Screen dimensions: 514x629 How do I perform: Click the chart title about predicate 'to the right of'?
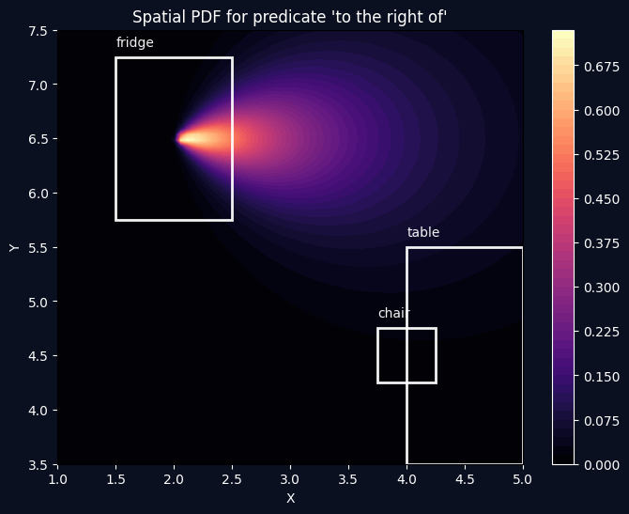(x=289, y=17)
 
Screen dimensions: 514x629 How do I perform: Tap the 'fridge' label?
(x=134, y=42)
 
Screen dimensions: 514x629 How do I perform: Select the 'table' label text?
(x=422, y=232)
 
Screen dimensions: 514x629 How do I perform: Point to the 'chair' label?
(x=394, y=313)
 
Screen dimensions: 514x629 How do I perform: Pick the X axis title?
(x=289, y=498)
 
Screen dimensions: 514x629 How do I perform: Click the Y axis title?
(x=13, y=247)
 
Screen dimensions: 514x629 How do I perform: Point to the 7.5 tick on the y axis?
(x=38, y=31)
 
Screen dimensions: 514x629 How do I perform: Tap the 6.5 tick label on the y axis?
(x=38, y=139)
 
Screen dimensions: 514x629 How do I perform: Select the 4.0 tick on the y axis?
(x=38, y=411)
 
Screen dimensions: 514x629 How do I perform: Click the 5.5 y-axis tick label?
(x=38, y=248)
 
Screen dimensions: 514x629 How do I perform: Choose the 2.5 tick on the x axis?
(x=232, y=479)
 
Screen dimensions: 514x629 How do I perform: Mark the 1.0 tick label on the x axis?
(x=57, y=479)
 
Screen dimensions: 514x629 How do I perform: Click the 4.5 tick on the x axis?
(x=464, y=479)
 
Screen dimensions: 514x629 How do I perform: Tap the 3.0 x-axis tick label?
(x=290, y=479)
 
